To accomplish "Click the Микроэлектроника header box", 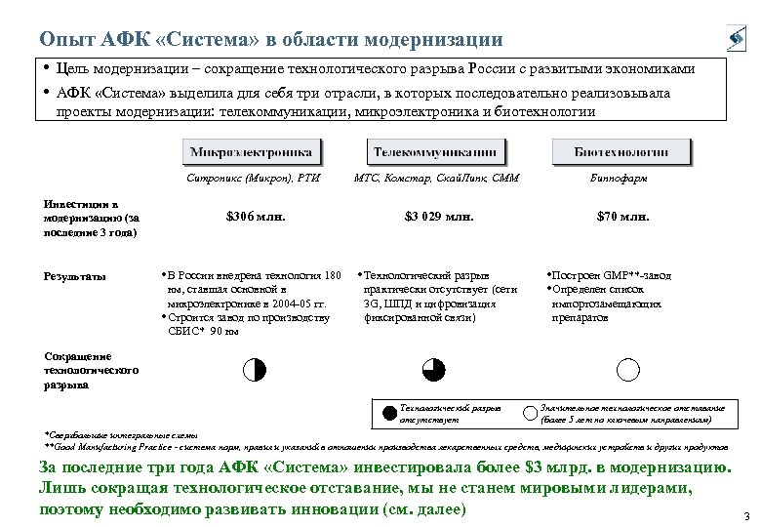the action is pos(251,152).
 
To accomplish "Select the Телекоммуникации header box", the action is pos(436,152).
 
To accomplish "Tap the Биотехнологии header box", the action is pos(621,152).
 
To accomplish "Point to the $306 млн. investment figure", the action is pos(256,217).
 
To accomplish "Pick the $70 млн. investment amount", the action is pos(622,217).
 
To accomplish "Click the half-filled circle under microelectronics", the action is pos(253,369).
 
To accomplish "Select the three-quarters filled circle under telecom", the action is pos(434,369).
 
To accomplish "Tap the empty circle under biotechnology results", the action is pos(628,369).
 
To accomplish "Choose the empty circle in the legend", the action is pos(530,413).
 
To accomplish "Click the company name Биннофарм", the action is pos(620,179).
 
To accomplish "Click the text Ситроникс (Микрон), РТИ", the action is pos(252,179).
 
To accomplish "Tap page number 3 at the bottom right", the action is pos(745,516).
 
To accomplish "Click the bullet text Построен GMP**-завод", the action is pos(610,276).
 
